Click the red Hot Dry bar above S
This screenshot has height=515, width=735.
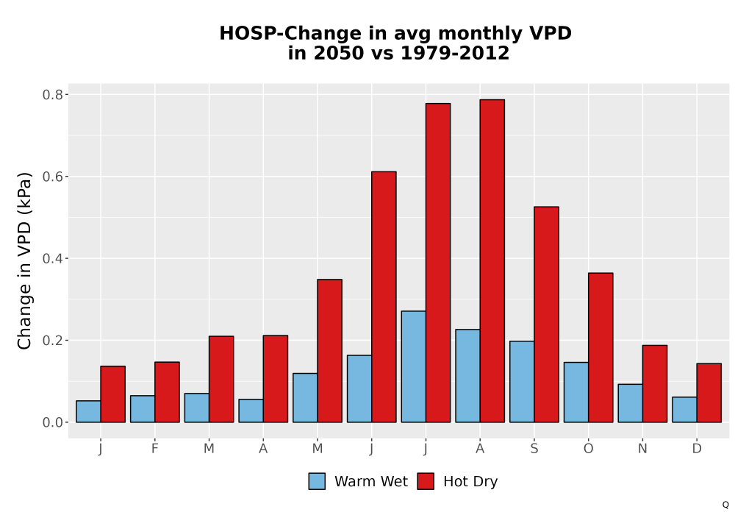[x=546, y=314]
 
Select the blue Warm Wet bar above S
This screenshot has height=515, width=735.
[x=522, y=381]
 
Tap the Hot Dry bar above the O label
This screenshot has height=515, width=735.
[x=600, y=347]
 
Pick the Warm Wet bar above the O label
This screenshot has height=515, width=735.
[x=576, y=392]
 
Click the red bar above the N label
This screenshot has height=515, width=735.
[x=655, y=383]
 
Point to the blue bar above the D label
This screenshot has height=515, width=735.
[x=684, y=410]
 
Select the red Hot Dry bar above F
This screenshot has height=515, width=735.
[x=167, y=392]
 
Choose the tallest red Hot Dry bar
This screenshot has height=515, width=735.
[x=492, y=260]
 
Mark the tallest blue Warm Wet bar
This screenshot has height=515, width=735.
[x=413, y=366]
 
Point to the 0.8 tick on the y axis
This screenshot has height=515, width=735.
[x=67, y=94]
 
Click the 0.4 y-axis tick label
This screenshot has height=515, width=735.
[x=52, y=258]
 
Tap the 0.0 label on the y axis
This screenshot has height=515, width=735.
[x=52, y=422]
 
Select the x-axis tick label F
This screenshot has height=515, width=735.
[x=154, y=449]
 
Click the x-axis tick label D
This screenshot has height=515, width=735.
[x=697, y=449]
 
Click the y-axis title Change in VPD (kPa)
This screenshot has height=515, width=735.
[x=24, y=260]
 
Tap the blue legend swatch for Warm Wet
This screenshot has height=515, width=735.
[x=317, y=481]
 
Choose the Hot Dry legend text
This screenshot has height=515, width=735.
[x=470, y=482]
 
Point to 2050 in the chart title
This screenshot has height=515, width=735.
[x=338, y=53]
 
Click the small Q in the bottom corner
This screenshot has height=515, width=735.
[x=725, y=505]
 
